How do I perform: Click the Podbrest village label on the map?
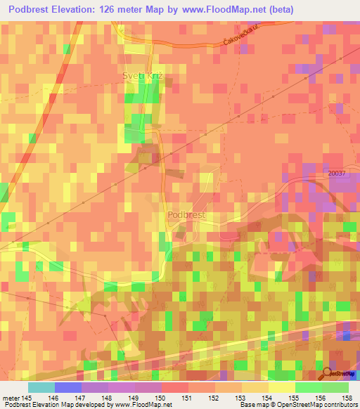click(186, 215)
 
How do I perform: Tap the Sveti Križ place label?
click(143, 73)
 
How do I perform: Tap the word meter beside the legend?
click(11, 397)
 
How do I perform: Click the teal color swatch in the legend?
click(41, 387)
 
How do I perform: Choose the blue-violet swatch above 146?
click(67, 387)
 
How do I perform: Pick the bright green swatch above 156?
click(308, 387)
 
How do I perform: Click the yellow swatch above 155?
click(281, 387)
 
